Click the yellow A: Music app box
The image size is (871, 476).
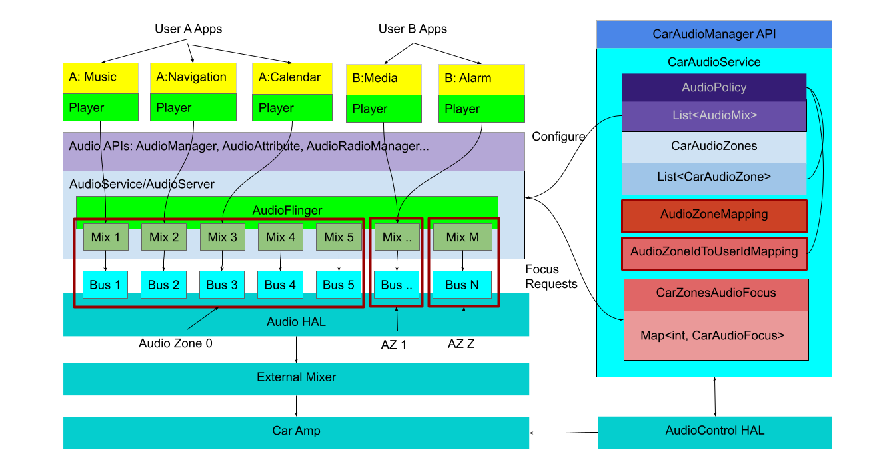point(101,77)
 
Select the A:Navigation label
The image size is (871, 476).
point(192,77)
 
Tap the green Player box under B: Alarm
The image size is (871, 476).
point(481,109)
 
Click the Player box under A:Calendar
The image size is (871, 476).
point(292,108)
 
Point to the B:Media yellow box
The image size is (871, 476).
point(383,79)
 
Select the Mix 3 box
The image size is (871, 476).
point(223,237)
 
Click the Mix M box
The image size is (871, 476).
point(462,237)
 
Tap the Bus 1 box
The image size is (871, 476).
point(105,285)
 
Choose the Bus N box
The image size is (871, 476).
point(462,285)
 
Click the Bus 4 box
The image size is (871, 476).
point(280,285)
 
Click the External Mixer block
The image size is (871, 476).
point(296,378)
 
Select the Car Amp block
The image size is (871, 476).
point(296,431)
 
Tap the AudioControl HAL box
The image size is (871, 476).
point(714,431)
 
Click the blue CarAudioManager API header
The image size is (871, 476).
point(714,34)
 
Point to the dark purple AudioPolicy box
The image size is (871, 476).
point(714,87)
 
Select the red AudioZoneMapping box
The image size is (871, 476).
point(714,215)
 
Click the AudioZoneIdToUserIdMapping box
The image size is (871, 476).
point(714,253)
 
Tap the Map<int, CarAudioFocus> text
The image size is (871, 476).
point(712,335)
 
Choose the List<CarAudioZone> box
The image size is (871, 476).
point(714,177)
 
